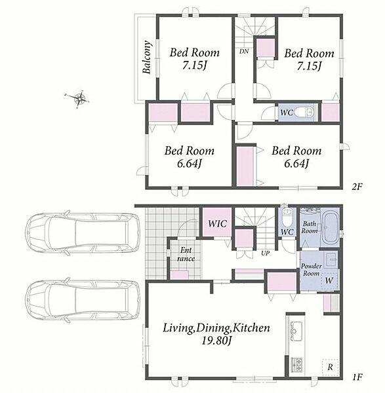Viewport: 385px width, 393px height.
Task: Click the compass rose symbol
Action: (79, 98)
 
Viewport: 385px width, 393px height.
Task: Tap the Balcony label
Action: (147, 58)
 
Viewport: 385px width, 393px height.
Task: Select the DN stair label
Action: (244, 51)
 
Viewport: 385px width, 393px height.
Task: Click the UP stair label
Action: (265, 253)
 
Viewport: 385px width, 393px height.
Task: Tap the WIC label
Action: (218, 223)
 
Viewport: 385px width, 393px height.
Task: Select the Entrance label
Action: (186, 254)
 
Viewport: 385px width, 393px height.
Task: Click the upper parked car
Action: (83, 233)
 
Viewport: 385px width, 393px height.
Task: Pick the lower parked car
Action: (83, 300)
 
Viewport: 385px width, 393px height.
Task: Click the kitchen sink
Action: (296, 331)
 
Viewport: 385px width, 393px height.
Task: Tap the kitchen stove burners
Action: (296, 365)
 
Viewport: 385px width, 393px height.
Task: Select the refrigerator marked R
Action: (331, 367)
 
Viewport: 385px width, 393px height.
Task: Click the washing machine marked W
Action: (329, 281)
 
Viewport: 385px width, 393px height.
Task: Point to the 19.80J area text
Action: (216, 341)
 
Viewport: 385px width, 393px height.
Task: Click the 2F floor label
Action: (357, 187)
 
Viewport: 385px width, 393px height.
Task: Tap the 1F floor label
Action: (357, 377)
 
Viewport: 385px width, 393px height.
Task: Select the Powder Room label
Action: (311, 269)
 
